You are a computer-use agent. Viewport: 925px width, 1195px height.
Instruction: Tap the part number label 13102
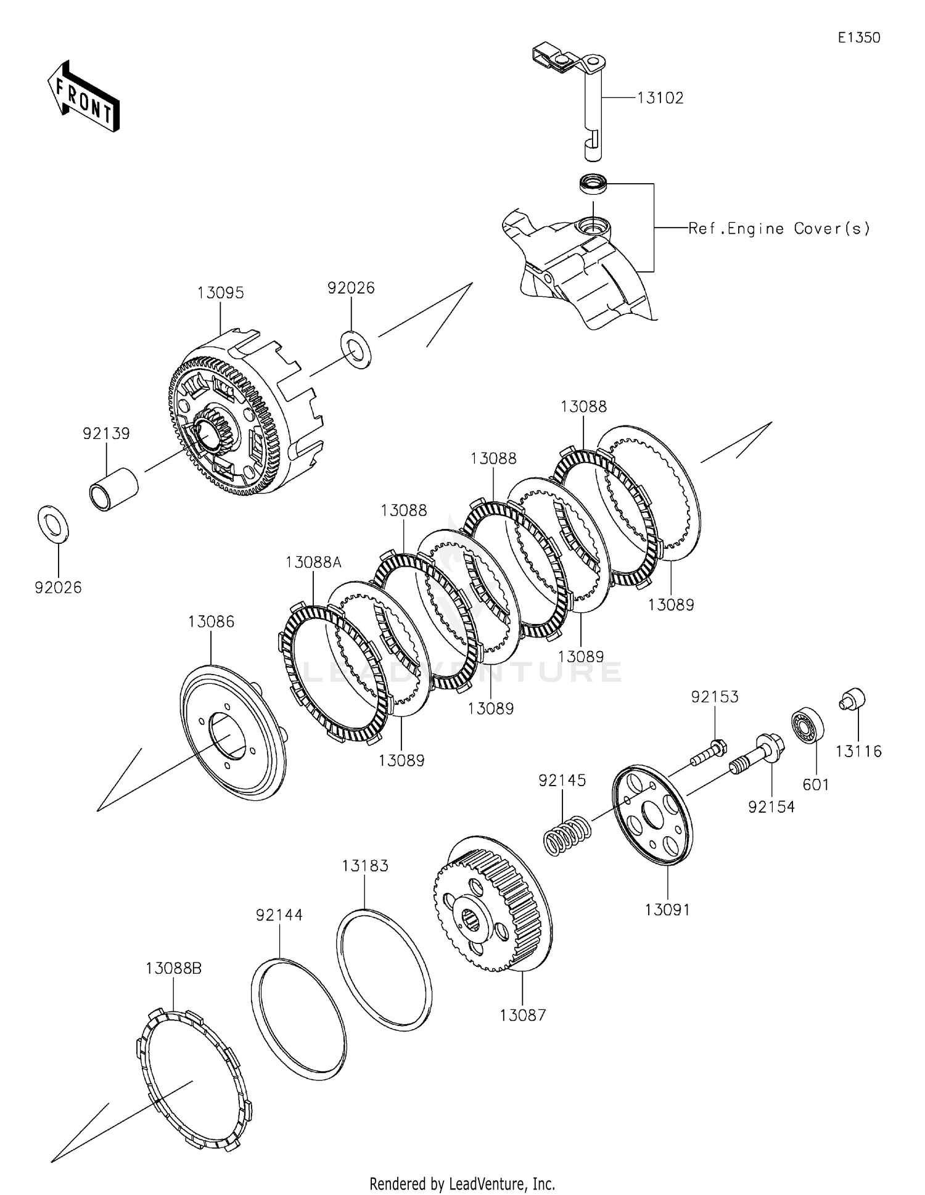click(660, 98)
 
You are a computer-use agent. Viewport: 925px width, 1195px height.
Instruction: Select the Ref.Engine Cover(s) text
click(779, 229)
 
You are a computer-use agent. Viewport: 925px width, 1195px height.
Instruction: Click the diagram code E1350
click(858, 38)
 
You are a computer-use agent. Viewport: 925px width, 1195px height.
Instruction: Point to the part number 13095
click(221, 293)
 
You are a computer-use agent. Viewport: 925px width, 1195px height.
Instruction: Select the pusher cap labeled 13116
click(853, 700)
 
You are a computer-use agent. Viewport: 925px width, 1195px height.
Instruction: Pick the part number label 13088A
click(313, 562)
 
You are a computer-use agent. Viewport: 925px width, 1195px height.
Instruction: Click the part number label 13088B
click(173, 969)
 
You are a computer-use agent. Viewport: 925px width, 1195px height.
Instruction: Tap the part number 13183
click(365, 866)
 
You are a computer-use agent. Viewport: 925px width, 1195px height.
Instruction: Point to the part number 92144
click(279, 915)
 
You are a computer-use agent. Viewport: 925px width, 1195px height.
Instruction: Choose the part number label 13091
click(668, 910)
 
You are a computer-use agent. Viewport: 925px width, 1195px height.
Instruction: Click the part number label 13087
click(522, 1015)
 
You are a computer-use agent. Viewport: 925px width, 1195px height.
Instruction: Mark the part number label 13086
click(211, 622)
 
